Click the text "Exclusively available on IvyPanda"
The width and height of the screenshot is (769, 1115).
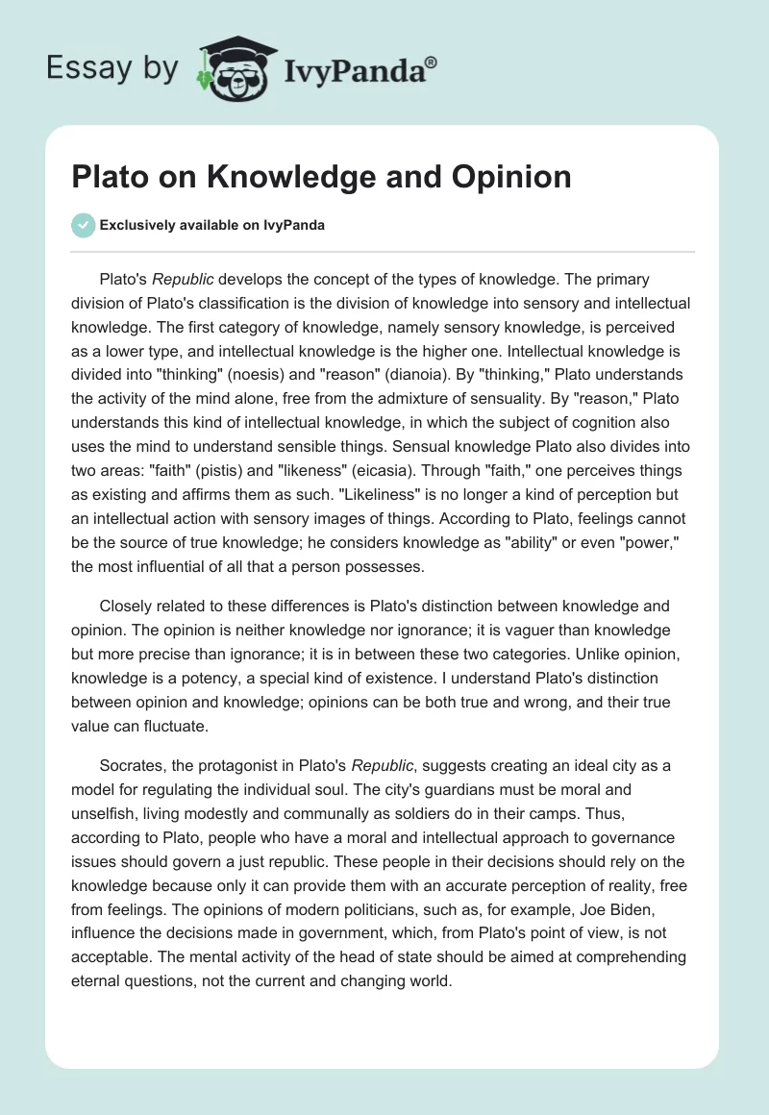[211, 225]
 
